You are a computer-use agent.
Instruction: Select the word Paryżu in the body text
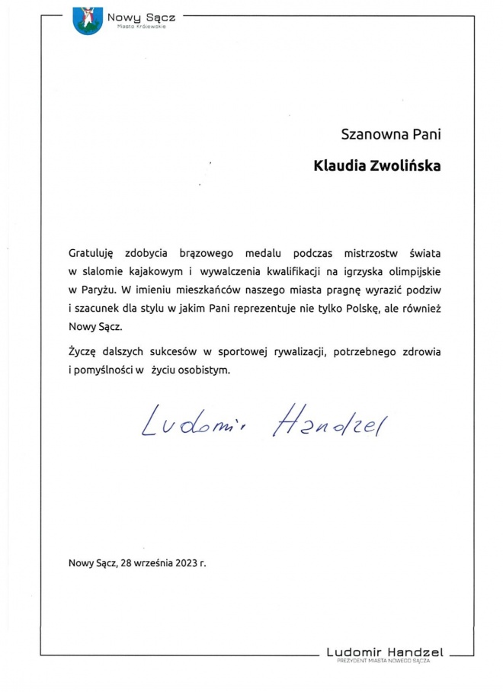[98, 290]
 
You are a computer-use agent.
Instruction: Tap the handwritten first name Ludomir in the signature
[198, 424]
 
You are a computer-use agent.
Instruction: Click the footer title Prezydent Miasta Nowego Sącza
[384, 661]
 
